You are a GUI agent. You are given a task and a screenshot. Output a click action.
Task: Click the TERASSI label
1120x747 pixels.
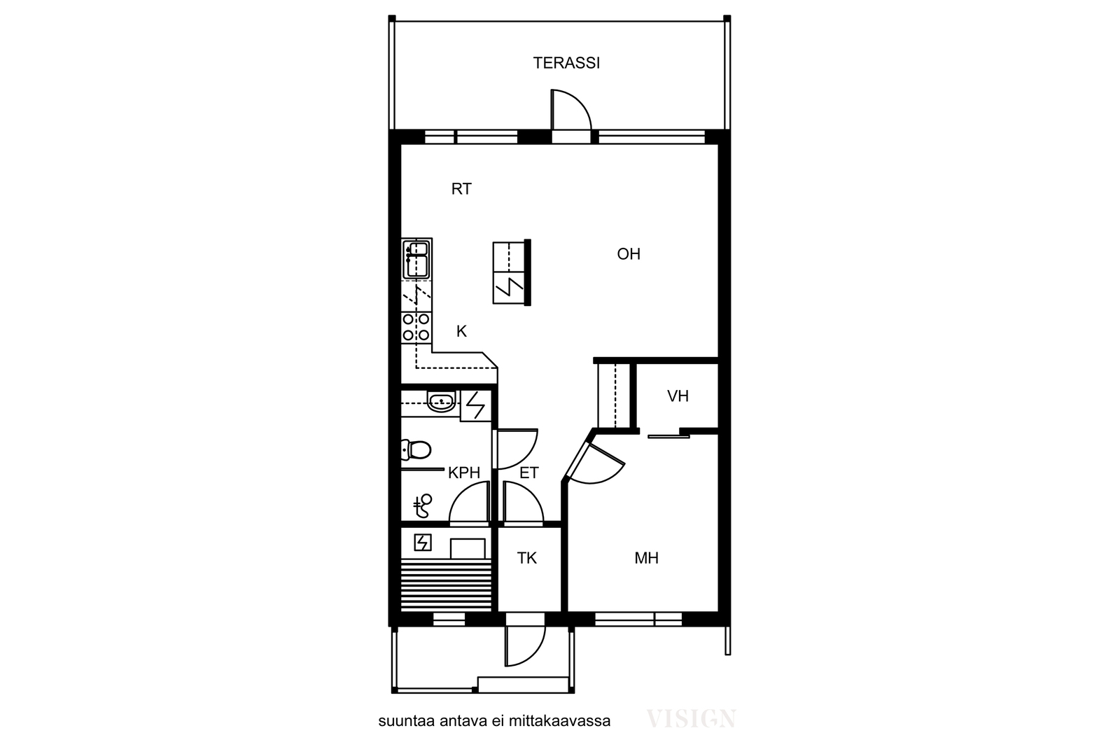click(566, 63)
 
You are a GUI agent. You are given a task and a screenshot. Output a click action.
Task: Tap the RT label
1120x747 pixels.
click(461, 189)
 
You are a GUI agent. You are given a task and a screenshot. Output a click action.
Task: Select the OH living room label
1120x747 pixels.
click(629, 254)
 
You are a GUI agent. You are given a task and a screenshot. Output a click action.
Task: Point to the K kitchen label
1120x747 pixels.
click(461, 331)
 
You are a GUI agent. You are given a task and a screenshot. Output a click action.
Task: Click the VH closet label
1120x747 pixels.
click(678, 396)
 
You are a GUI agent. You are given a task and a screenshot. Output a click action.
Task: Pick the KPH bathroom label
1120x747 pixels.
click(464, 473)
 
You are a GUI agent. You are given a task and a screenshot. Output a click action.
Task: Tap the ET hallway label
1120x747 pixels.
click(529, 473)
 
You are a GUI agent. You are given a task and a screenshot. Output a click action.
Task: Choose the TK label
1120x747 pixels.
click(527, 558)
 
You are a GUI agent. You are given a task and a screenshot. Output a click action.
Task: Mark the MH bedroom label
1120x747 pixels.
click(647, 558)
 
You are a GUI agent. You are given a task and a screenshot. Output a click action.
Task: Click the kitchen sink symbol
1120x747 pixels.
click(416, 259)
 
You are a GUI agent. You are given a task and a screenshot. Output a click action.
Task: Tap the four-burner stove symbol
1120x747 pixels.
click(416, 327)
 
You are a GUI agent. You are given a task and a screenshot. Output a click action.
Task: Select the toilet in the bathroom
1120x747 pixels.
click(416, 449)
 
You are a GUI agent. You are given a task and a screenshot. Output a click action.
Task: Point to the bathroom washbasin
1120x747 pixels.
click(441, 402)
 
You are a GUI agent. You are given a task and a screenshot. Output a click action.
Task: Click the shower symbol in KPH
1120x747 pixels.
click(423, 506)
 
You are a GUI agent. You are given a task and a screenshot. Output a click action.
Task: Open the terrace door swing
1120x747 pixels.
click(571, 111)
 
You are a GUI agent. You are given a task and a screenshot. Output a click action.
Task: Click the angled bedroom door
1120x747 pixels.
click(595, 463)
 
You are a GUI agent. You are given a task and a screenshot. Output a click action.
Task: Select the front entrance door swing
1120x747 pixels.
click(525, 645)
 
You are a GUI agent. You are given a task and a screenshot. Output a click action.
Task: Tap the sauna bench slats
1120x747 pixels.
click(446, 585)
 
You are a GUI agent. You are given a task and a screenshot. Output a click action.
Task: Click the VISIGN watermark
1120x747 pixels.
click(691, 718)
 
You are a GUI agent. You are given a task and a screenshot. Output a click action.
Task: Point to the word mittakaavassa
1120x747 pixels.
click(559, 721)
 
